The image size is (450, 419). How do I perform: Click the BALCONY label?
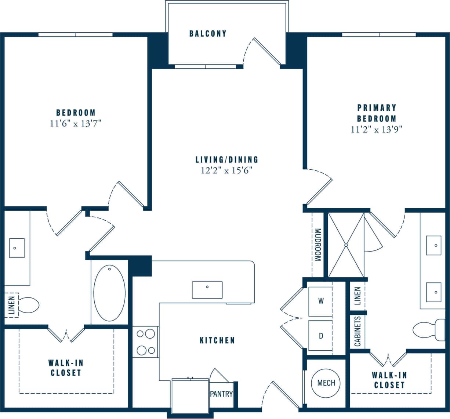click(208, 34)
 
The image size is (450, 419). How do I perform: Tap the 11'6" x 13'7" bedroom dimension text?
click(76, 123)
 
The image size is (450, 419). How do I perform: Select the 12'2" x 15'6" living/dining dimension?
click(226, 170)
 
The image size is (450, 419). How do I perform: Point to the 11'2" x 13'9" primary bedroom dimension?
click(377, 129)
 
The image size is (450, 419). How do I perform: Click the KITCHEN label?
click(217, 340)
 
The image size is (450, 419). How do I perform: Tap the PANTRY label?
click(221, 394)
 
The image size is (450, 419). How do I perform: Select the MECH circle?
click(326, 383)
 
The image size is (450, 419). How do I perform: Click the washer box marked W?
click(320, 301)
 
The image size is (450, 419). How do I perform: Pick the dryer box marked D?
click(320, 336)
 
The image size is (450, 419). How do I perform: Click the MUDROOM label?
click(317, 245)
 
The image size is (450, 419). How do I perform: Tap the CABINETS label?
click(358, 332)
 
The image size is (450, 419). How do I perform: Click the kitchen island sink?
click(207, 290)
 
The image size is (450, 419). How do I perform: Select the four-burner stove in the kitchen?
click(145, 342)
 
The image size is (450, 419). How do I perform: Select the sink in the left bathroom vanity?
click(17, 248)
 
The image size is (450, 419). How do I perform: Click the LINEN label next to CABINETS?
click(358, 296)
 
